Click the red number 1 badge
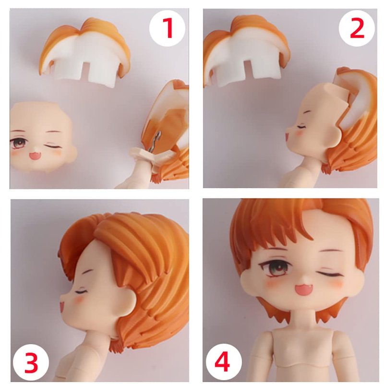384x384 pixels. (x=167, y=28)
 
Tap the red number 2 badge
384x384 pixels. (x=357, y=28)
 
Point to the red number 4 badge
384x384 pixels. (x=224, y=362)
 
